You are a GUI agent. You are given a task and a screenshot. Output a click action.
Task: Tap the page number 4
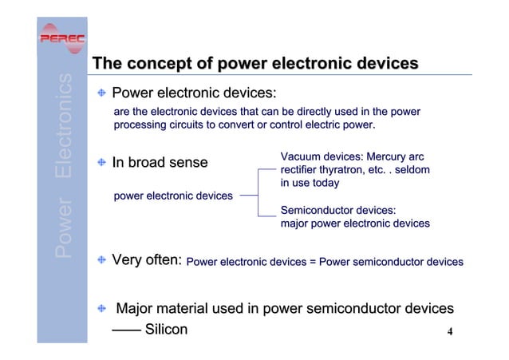coord(450,332)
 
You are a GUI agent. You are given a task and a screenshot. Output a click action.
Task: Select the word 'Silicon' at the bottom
coord(165,330)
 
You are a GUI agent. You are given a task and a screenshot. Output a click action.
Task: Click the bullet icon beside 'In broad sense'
coord(101,163)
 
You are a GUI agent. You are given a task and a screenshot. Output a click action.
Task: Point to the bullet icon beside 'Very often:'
coord(101,260)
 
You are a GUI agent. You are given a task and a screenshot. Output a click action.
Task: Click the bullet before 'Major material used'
coord(101,308)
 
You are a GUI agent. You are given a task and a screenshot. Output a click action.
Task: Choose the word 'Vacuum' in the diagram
coord(302,156)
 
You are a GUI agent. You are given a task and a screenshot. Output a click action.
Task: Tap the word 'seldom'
coord(411,170)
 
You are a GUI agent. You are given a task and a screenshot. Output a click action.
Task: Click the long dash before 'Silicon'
coord(124,330)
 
